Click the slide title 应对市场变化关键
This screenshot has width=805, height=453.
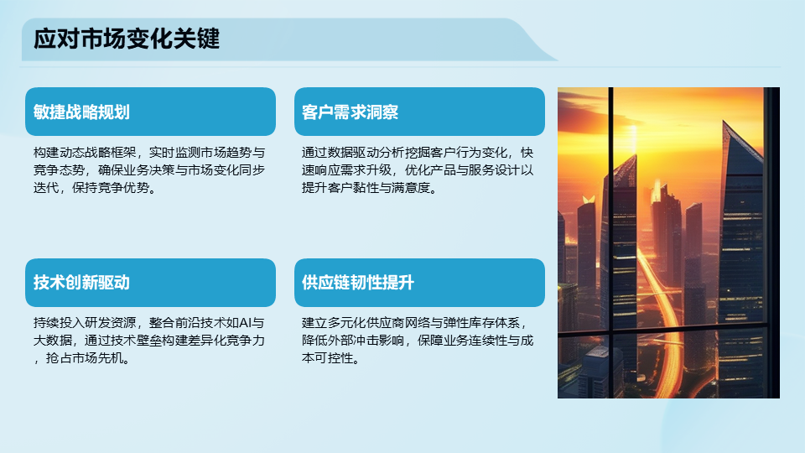(127, 39)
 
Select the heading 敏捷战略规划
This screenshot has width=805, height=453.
(81, 112)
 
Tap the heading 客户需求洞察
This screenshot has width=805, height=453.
(351, 112)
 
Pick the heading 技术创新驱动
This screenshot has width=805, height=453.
(81, 283)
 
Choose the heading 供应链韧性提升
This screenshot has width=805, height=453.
(358, 283)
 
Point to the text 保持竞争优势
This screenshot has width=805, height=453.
(111, 187)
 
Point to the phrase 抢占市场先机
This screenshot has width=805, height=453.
(85, 358)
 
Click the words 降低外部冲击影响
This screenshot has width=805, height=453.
(353, 340)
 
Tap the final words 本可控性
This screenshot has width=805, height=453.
(328, 358)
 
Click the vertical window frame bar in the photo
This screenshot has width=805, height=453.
(611, 242)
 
